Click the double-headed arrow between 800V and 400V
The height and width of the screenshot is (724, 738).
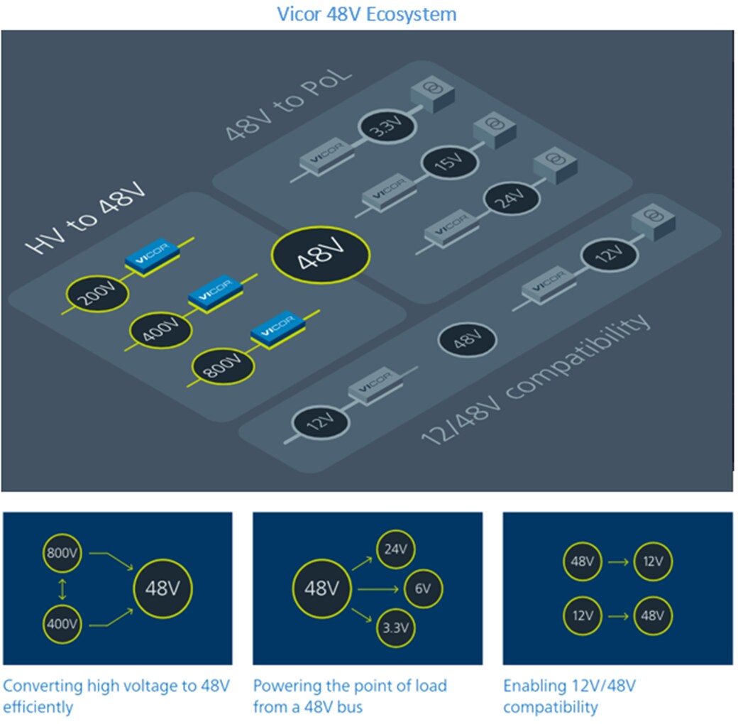click(63, 588)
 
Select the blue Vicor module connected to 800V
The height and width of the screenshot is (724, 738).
click(278, 331)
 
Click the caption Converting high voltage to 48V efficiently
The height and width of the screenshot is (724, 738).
click(116, 696)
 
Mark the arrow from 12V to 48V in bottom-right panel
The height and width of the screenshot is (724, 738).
click(617, 615)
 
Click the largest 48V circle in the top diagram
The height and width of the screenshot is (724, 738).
click(321, 256)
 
